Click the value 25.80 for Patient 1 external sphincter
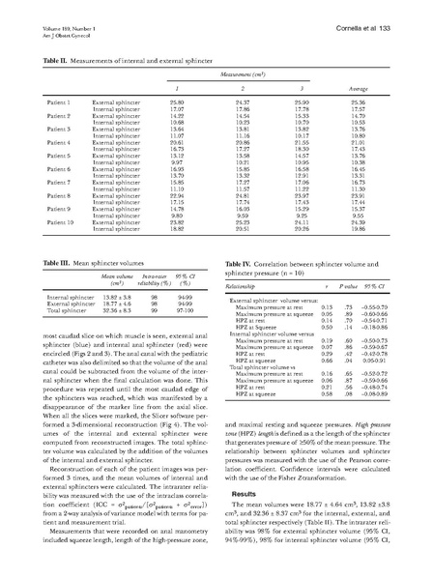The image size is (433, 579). (177, 101)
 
